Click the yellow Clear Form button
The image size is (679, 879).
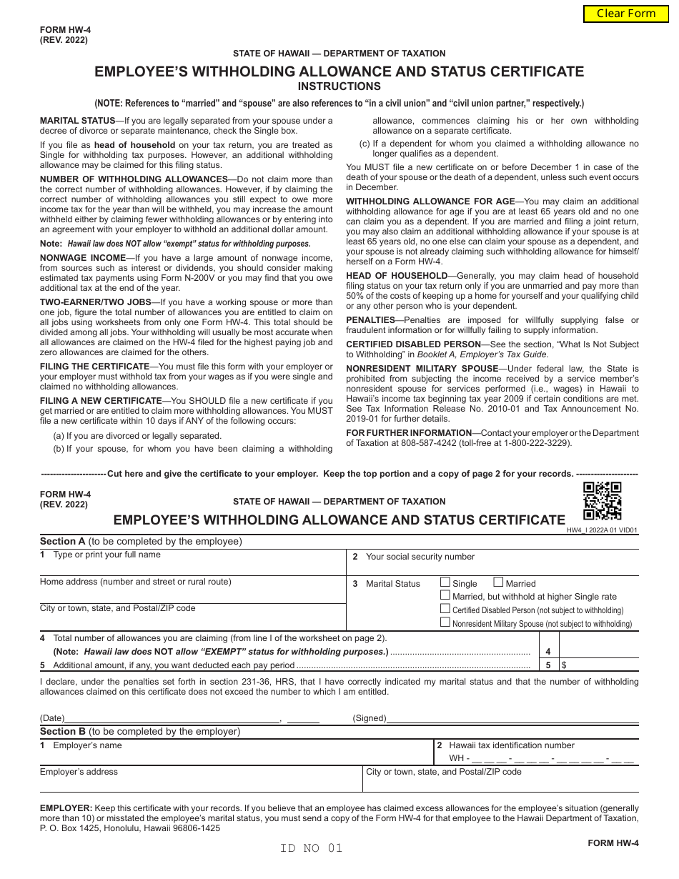626,14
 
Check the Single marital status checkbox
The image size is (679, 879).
445,582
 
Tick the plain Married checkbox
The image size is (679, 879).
499,582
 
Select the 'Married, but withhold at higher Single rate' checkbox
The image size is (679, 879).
445,595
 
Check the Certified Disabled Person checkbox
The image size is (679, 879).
445,609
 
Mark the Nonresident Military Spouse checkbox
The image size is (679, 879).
445,622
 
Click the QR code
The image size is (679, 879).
602,501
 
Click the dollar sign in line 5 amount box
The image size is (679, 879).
565,665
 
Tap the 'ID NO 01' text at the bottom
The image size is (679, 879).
312,848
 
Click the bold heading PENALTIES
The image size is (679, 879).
370,320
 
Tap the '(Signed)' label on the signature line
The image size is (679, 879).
370,718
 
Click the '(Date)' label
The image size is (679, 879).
52,718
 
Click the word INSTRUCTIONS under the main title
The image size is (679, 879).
339,86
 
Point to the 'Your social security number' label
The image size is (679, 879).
420,557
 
